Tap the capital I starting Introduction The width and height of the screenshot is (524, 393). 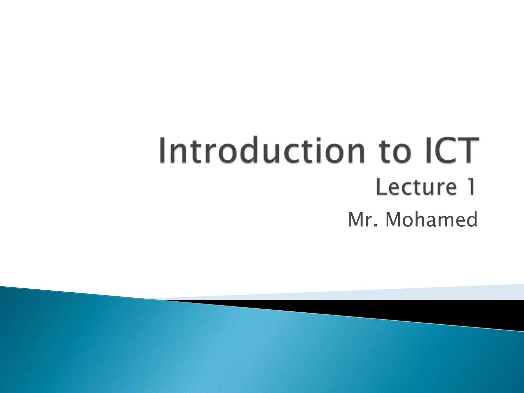click(163, 150)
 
